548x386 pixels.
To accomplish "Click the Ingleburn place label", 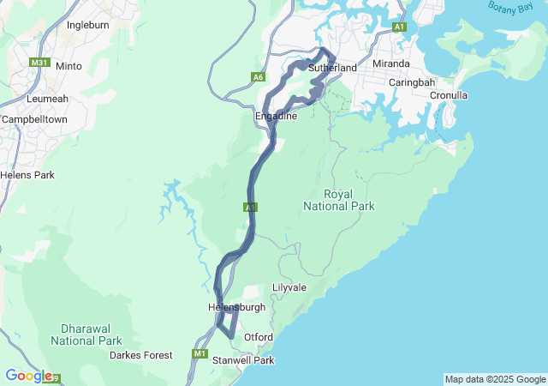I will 88,26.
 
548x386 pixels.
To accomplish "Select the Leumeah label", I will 40,100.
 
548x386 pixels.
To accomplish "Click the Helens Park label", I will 27,175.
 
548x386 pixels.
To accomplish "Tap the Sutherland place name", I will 332,67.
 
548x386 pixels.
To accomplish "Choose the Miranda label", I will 392,64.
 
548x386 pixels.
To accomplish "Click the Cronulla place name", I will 449,95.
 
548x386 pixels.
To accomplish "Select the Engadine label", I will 276,116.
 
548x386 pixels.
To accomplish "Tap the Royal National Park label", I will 339,200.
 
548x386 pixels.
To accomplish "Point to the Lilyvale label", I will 289,287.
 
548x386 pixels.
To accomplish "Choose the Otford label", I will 259,337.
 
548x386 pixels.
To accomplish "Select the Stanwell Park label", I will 243,360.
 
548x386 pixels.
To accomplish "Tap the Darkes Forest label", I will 141,355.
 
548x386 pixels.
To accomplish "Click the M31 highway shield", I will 39,63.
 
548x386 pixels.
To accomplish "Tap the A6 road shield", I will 258,77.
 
